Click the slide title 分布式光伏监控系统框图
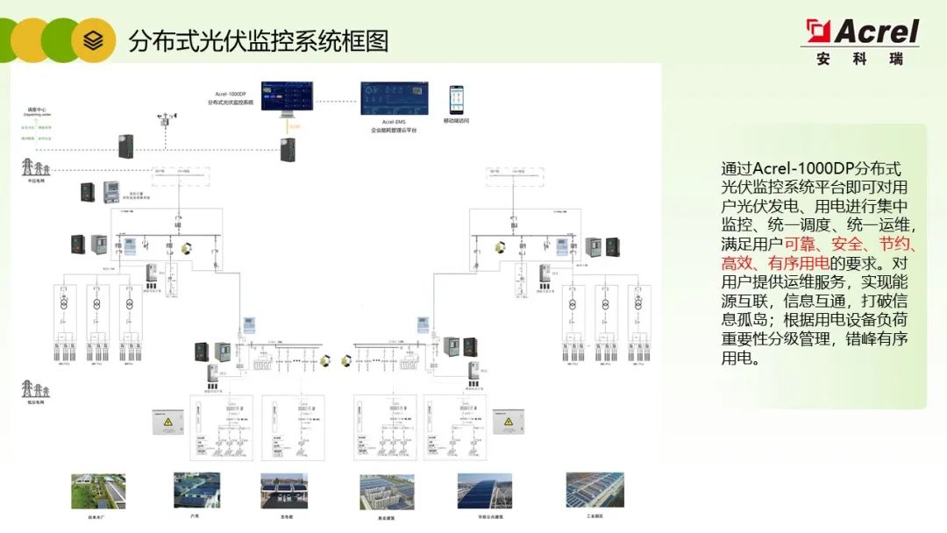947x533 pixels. click(258, 40)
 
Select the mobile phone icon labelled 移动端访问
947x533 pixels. click(456, 100)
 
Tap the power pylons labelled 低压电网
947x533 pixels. click(35, 388)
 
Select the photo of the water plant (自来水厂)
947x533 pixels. click(98, 492)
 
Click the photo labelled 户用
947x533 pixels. click(196, 490)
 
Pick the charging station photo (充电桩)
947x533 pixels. click(284, 491)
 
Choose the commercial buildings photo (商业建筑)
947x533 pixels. click(387, 492)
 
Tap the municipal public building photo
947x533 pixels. click(484, 491)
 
